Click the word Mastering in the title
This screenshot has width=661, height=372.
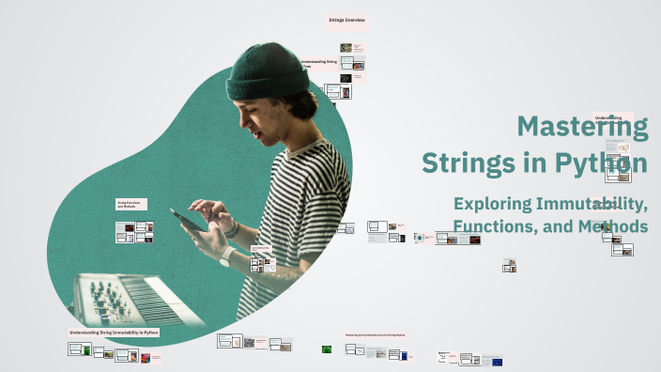[x=582, y=127]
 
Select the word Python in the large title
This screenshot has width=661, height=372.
[x=600, y=163]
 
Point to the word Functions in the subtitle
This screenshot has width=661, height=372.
[x=496, y=226]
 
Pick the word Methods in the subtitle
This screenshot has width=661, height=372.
[x=612, y=226]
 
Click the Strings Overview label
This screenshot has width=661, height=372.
[x=346, y=20]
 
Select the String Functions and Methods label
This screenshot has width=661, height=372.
[x=129, y=204]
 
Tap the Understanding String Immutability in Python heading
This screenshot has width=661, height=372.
[x=114, y=333]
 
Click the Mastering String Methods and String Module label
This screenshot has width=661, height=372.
[x=375, y=334]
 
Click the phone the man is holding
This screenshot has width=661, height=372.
[x=188, y=220]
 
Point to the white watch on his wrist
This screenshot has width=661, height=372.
[x=227, y=256]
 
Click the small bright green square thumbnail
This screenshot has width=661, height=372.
[x=327, y=349]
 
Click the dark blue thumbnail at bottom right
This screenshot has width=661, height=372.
[x=497, y=361]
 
